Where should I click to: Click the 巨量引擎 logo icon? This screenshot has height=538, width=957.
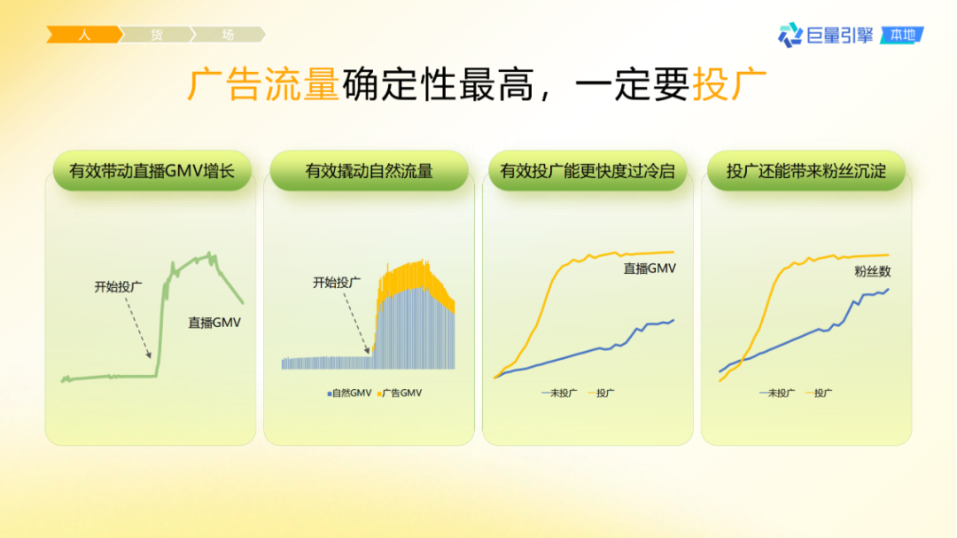790,35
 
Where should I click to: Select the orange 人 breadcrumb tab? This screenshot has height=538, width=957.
83,35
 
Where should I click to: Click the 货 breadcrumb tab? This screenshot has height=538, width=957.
156,35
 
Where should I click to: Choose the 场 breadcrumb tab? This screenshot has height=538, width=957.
228,35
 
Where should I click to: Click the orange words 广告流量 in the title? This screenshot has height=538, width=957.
263,85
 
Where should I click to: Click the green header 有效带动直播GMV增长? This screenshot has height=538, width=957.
152,171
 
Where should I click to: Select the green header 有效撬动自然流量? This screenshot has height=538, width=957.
369,171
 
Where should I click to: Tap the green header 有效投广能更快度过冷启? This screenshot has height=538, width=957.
587,171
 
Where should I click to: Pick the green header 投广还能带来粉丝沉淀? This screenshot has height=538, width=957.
805,171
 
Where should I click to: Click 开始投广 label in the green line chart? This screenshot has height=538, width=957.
119,286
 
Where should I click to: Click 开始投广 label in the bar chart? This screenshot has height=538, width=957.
337,283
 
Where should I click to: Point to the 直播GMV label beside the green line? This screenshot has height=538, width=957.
214,324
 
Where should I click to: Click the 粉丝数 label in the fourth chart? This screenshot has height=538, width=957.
872,271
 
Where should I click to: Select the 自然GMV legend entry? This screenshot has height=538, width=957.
350,393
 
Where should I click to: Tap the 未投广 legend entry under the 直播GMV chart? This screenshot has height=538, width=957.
560,393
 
